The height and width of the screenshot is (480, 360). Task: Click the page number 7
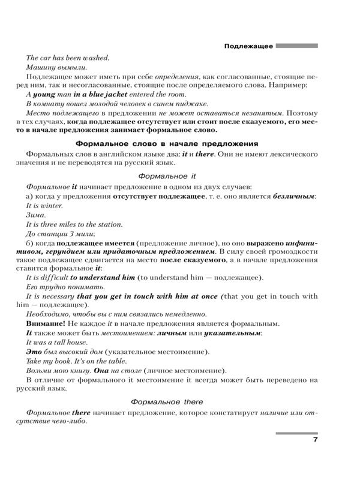[x=315, y=442]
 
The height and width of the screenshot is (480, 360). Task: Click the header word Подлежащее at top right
[x=248, y=46]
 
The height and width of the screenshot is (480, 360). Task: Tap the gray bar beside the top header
[x=296, y=45]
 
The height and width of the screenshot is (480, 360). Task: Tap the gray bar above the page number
[x=296, y=433]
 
